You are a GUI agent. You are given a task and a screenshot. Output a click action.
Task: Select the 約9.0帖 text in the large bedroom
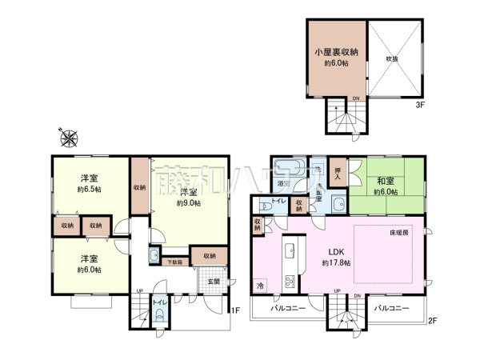[x=190, y=203]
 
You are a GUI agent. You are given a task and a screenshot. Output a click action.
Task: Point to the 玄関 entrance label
[x=214, y=281]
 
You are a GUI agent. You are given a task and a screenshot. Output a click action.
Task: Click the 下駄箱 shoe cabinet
[x=174, y=262]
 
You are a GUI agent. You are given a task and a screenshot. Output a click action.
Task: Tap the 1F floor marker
[x=235, y=310]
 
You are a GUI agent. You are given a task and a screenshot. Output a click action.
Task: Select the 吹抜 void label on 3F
[x=392, y=58]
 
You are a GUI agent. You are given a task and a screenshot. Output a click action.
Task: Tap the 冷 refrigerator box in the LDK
[x=262, y=284]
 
